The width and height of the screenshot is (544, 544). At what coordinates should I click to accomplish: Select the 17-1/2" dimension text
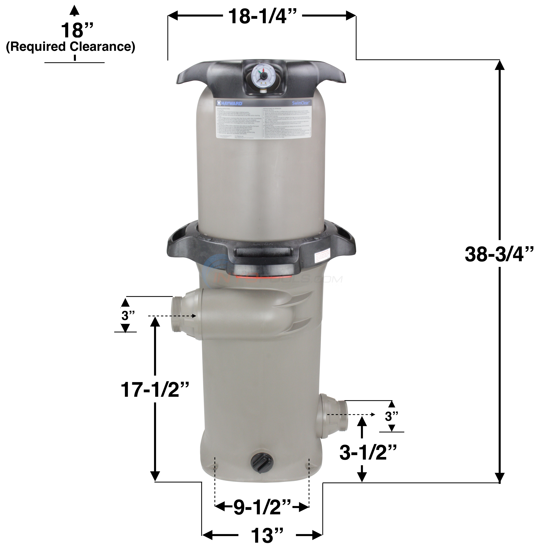point(154,390)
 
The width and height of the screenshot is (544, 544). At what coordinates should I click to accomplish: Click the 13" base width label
point(266,534)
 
